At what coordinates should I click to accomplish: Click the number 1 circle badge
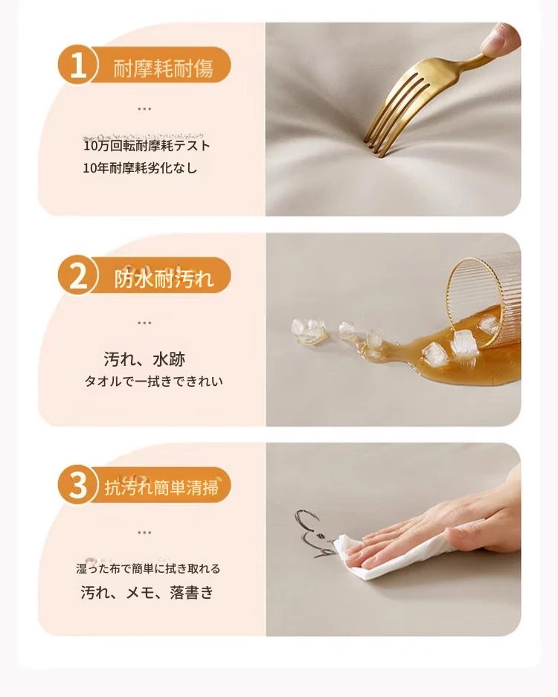pos(77,65)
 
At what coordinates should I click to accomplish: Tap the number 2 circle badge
pos(77,275)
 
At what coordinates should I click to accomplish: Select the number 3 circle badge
pos(77,485)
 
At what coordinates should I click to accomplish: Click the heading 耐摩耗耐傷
pos(163,68)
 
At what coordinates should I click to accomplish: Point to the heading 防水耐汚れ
pos(164,279)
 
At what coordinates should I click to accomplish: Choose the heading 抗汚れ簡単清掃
pos(161,488)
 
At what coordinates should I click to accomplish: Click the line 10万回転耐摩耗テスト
pos(147,145)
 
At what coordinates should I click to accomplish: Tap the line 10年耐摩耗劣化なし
pos(140,168)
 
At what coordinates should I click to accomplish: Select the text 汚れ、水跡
pos(144,359)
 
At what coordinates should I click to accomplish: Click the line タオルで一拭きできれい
pos(153,382)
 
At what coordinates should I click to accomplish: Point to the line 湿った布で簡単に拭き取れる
pos(148,568)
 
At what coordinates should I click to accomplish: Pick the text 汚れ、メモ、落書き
pos(147,592)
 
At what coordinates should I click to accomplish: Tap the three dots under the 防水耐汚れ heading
pos(144,323)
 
